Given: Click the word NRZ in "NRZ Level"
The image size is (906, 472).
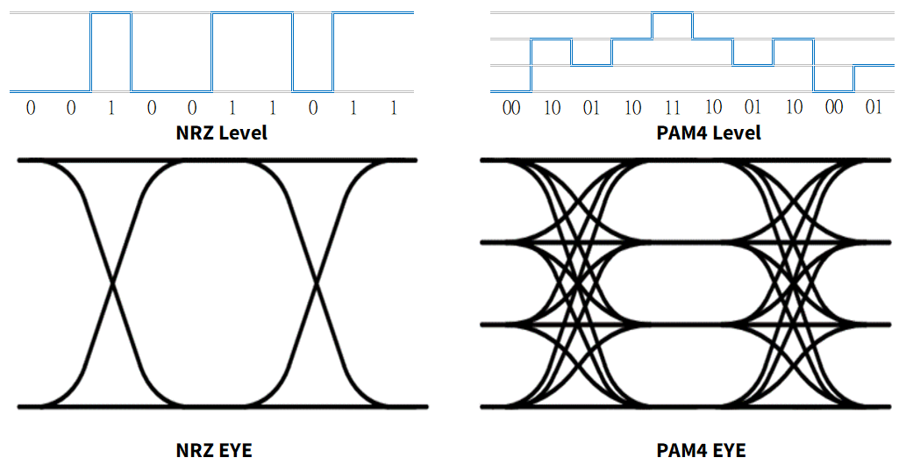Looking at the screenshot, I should (x=192, y=133).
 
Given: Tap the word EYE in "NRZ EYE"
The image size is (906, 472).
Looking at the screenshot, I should (x=234, y=451).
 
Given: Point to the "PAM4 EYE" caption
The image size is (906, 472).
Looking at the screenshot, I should (x=701, y=451).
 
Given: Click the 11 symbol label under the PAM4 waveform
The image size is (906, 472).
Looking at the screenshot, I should (x=673, y=108).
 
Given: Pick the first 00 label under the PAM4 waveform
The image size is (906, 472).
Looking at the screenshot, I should (x=511, y=108).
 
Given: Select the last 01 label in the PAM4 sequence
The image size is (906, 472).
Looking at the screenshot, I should (x=874, y=108).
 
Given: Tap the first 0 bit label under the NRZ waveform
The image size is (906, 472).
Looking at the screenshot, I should (x=31, y=108).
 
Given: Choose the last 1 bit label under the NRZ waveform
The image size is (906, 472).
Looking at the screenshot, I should (x=394, y=108).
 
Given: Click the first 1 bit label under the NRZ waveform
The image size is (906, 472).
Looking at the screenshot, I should (x=111, y=108).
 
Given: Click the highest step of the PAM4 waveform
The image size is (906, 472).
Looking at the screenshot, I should (x=672, y=13).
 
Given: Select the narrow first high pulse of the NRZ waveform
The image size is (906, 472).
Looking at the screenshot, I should (x=111, y=13).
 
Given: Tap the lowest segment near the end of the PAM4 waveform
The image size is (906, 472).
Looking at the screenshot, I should (x=833, y=90).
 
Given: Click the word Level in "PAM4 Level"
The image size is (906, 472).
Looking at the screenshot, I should (x=734, y=133).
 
